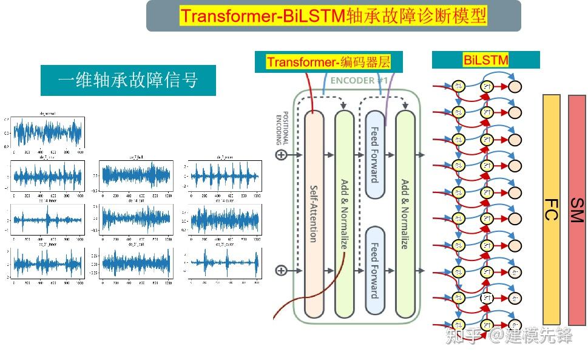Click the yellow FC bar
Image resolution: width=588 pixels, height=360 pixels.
[551, 209]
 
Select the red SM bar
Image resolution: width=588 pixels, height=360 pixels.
[576, 209]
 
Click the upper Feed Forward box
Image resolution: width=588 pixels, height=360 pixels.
[375, 154]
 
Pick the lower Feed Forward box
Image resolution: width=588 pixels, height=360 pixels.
[375, 270]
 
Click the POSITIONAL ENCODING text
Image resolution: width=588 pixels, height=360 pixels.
[283, 128]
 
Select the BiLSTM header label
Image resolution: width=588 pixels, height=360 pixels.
[485, 60]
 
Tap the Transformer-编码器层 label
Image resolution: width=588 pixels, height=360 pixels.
[328, 61]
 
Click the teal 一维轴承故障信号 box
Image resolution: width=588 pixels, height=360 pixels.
[128, 80]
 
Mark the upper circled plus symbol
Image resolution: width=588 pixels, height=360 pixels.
[281, 155]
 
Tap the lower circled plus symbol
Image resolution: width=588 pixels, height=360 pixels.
[281, 270]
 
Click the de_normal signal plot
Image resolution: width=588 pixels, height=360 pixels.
[47, 131]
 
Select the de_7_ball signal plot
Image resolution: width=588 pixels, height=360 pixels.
[135, 176]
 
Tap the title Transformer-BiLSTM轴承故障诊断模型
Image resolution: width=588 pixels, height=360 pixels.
[333, 16]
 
